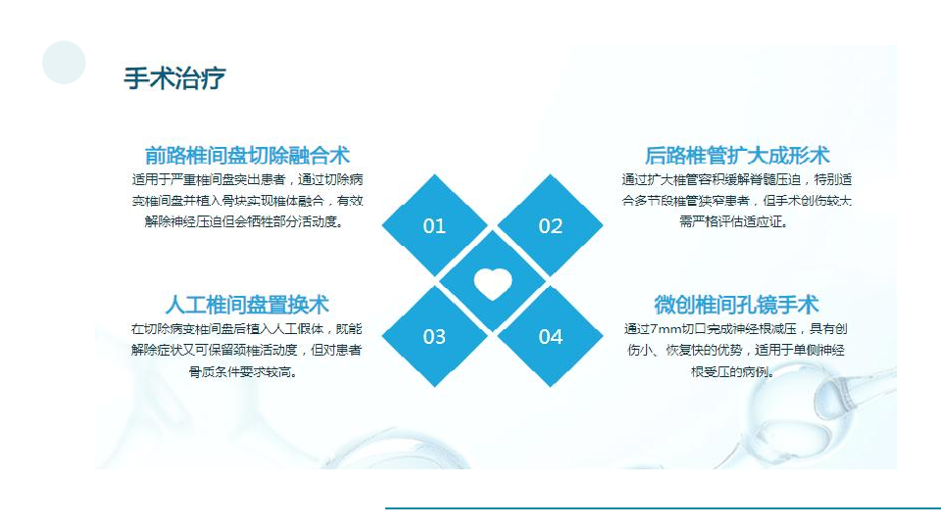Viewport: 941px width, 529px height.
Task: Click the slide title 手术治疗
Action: pyautogui.click(x=174, y=78)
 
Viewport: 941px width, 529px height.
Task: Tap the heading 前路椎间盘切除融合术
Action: pyautogui.click(x=247, y=156)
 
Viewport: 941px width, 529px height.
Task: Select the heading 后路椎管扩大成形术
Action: pyautogui.click(x=737, y=156)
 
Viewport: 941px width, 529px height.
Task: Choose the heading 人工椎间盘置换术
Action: pyautogui.click(x=247, y=305)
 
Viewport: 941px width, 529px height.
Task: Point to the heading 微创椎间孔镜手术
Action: pyautogui.click(x=736, y=305)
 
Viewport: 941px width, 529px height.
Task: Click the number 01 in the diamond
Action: pyautogui.click(x=434, y=226)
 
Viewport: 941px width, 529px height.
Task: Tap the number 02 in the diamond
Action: pyautogui.click(x=550, y=226)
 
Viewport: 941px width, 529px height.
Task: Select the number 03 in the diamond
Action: pyautogui.click(x=434, y=336)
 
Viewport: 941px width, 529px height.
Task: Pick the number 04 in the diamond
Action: pyautogui.click(x=550, y=336)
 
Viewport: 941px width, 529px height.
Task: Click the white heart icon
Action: pyautogui.click(x=493, y=283)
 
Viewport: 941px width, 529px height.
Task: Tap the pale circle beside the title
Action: pyautogui.click(x=64, y=63)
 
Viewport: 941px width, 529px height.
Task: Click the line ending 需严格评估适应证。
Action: pyautogui.click(x=733, y=222)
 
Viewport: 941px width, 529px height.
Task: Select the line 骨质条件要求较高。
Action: pyautogui.click(x=243, y=372)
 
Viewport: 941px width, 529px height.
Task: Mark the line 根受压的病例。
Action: pyautogui.click(x=733, y=372)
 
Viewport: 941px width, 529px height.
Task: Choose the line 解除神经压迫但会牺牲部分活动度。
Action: pyautogui.click(x=244, y=222)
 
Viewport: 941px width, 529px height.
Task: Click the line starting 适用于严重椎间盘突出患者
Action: pyautogui.click(x=247, y=179)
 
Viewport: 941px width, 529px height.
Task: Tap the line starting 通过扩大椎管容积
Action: pyautogui.click(x=737, y=179)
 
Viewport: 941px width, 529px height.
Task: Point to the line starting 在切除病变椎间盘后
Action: pyautogui.click(x=247, y=329)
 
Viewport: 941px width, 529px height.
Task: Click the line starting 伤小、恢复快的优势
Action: pyautogui.click(x=736, y=351)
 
